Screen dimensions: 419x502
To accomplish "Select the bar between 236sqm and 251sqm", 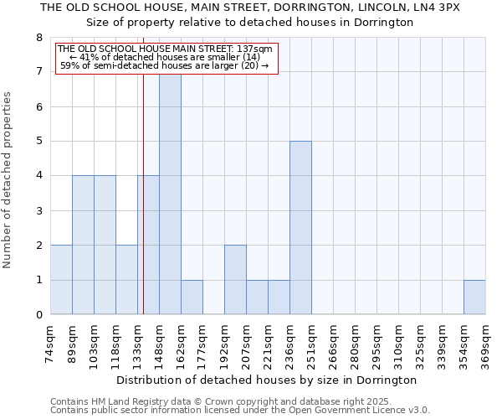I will tap(300, 227).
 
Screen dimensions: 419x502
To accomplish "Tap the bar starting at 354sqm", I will tap(474, 297).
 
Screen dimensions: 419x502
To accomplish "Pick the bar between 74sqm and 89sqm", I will tap(61, 279).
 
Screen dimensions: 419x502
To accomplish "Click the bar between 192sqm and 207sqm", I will tap(235, 279).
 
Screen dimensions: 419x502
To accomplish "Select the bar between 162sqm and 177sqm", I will tap(192, 297).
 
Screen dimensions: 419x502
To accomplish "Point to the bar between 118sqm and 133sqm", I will tap(126, 279).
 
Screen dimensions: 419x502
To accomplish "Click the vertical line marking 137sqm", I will tap(143, 209).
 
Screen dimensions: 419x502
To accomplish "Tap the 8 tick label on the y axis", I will tap(38, 38).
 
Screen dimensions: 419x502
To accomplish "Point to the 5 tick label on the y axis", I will tap(38, 141).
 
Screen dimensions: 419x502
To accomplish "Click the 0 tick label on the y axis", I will tap(38, 315).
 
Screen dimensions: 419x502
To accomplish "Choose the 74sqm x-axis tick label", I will tap(50, 342).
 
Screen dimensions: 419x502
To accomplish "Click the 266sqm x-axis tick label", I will tap(333, 344).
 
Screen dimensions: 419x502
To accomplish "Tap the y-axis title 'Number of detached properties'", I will tap(8, 180).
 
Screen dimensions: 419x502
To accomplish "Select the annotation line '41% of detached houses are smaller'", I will tap(165, 57).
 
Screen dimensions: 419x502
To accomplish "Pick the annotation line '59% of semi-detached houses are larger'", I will tap(165, 65).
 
